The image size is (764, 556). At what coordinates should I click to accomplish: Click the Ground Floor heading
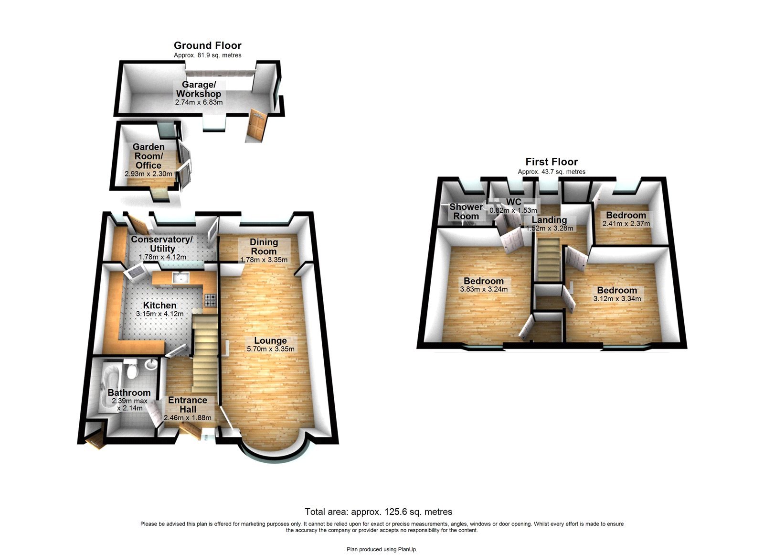[207, 45]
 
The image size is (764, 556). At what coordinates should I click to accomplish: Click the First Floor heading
[552, 162]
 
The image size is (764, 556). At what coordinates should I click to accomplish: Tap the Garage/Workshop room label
[198, 89]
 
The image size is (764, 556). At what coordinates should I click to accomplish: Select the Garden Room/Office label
[149, 156]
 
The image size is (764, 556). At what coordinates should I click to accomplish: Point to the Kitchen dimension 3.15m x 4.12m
[159, 314]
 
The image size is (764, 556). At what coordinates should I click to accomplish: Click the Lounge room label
[270, 340]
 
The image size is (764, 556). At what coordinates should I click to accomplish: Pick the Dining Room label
[264, 247]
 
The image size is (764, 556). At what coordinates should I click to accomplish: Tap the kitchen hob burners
[211, 300]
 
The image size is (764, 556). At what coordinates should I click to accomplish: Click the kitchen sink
[181, 277]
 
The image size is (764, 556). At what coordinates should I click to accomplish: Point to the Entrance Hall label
[187, 404]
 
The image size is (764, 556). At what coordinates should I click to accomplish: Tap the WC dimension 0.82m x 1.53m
[513, 210]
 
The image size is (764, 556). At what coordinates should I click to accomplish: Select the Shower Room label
[466, 211]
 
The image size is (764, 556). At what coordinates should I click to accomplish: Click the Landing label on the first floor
[549, 220]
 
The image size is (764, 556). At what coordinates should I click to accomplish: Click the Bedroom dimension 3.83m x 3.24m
[484, 289]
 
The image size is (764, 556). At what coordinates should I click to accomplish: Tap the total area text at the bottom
[378, 512]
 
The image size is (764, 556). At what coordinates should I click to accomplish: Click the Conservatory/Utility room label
[162, 244]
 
